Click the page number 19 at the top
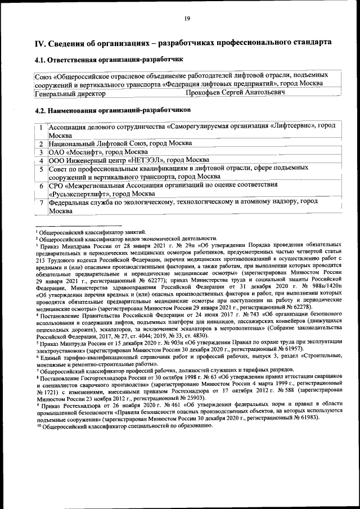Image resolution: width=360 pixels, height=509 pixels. [x=187, y=19]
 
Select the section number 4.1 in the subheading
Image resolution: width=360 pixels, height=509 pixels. [x=41, y=59]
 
